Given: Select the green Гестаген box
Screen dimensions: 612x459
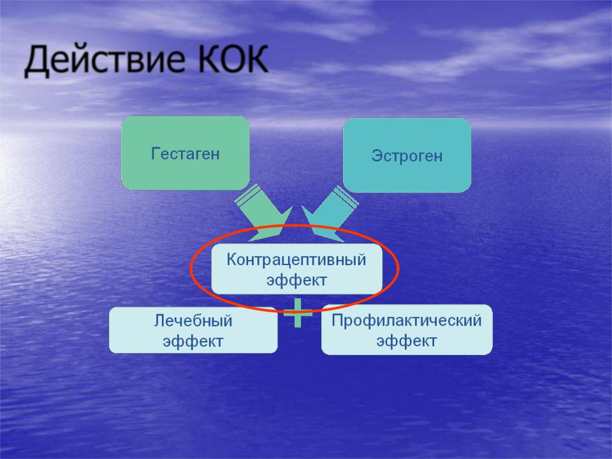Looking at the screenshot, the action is click(186, 153).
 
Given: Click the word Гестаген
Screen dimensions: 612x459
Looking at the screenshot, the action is click(186, 154).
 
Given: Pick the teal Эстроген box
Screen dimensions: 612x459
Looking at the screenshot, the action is click(407, 155).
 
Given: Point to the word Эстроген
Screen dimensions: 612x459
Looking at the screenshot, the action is click(407, 156).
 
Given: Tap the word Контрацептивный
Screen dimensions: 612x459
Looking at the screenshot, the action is click(296, 259).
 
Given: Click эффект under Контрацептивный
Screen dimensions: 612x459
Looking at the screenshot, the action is click(296, 280).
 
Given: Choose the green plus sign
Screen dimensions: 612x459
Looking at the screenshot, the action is click(298, 312).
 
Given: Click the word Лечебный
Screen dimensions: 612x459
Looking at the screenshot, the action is click(193, 321).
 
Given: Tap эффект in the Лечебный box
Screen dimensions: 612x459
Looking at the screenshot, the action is click(193, 341).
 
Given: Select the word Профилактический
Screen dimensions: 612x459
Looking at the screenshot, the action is click(407, 321).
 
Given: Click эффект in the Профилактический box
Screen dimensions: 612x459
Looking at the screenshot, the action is click(407, 340).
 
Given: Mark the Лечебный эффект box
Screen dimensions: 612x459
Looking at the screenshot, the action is click(193, 330).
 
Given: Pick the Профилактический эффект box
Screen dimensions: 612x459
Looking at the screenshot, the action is click(407, 330).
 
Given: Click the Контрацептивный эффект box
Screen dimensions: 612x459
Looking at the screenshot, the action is click(296, 269).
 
